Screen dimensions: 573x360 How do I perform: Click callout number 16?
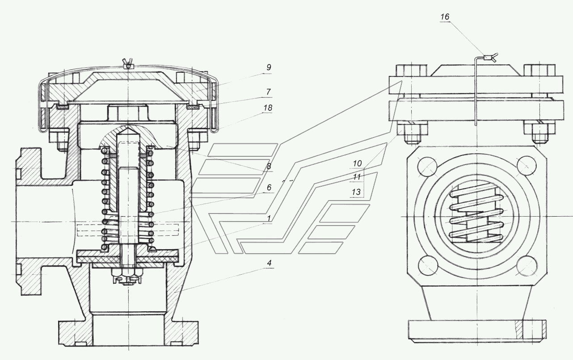pyautogui.click(x=445, y=17)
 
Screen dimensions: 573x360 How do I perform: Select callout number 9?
pyautogui.click(x=268, y=67)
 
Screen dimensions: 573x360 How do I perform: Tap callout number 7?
pyautogui.click(x=268, y=92)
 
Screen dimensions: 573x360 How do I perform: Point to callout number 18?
pyautogui.click(x=268, y=108)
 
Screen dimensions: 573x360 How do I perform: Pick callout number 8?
pyautogui.click(x=268, y=167)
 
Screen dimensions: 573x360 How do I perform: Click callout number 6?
pyautogui.click(x=269, y=188)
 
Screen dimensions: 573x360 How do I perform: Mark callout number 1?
pyautogui.click(x=269, y=218)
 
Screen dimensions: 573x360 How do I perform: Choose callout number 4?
pyautogui.click(x=269, y=263)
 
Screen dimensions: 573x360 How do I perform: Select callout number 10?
pyautogui.click(x=357, y=163)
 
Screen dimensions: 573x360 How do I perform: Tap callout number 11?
pyautogui.click(x=357, y=177)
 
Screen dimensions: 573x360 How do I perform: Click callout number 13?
pyautogui.click(x=356, y=192)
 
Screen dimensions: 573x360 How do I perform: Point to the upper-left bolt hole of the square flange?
pyautogui.click(x=427, y=167)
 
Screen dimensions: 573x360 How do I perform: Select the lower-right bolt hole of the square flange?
pyautogui.click(x=527, y=266)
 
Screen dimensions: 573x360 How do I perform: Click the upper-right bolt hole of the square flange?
pyautogui.click(x=527, y=166)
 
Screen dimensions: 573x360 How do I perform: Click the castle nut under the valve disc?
pyautogui.click(x=126, y=276)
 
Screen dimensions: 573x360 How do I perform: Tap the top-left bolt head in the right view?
pyautogui.click(x=412, y=71)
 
